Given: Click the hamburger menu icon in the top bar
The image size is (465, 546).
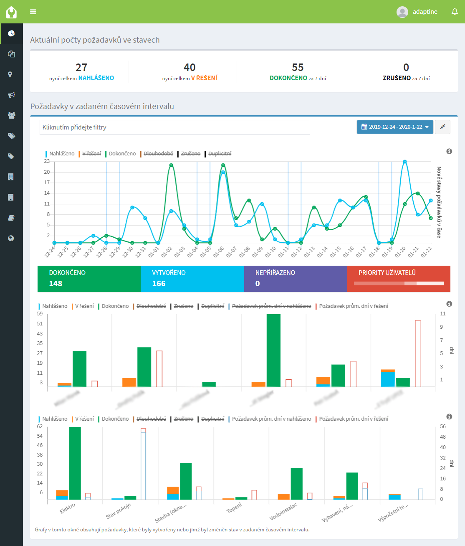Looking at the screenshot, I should point(33,12).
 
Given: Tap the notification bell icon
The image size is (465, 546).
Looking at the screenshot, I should point(455,12).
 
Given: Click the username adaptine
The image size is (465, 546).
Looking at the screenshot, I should point(425,12).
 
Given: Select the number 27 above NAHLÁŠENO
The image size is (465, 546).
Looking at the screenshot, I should point(81,67).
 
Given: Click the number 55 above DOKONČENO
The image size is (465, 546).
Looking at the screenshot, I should point(298,67).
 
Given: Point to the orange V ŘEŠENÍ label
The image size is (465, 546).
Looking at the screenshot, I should point(204,78).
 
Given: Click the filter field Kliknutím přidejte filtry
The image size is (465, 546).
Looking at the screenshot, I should point(174,127).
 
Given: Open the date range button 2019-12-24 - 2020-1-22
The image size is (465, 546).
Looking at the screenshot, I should point(395,127).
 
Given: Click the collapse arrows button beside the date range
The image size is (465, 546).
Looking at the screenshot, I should point(442,127).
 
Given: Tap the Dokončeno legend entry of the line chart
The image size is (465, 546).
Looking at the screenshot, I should point(122,154).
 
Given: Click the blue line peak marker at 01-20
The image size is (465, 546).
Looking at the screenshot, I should point(404,162).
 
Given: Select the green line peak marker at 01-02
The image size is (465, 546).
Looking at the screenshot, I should point(171,165).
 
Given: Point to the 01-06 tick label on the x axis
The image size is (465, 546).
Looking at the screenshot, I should point(219,252).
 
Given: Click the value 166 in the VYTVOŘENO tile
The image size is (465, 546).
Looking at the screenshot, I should point(159,284).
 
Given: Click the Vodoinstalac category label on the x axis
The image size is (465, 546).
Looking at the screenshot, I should point(283,512).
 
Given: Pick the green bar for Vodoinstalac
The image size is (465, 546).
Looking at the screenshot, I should point(296,484).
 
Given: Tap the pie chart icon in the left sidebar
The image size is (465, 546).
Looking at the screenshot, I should point(11,33).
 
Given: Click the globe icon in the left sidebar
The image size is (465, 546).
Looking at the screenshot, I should point(11,238).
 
